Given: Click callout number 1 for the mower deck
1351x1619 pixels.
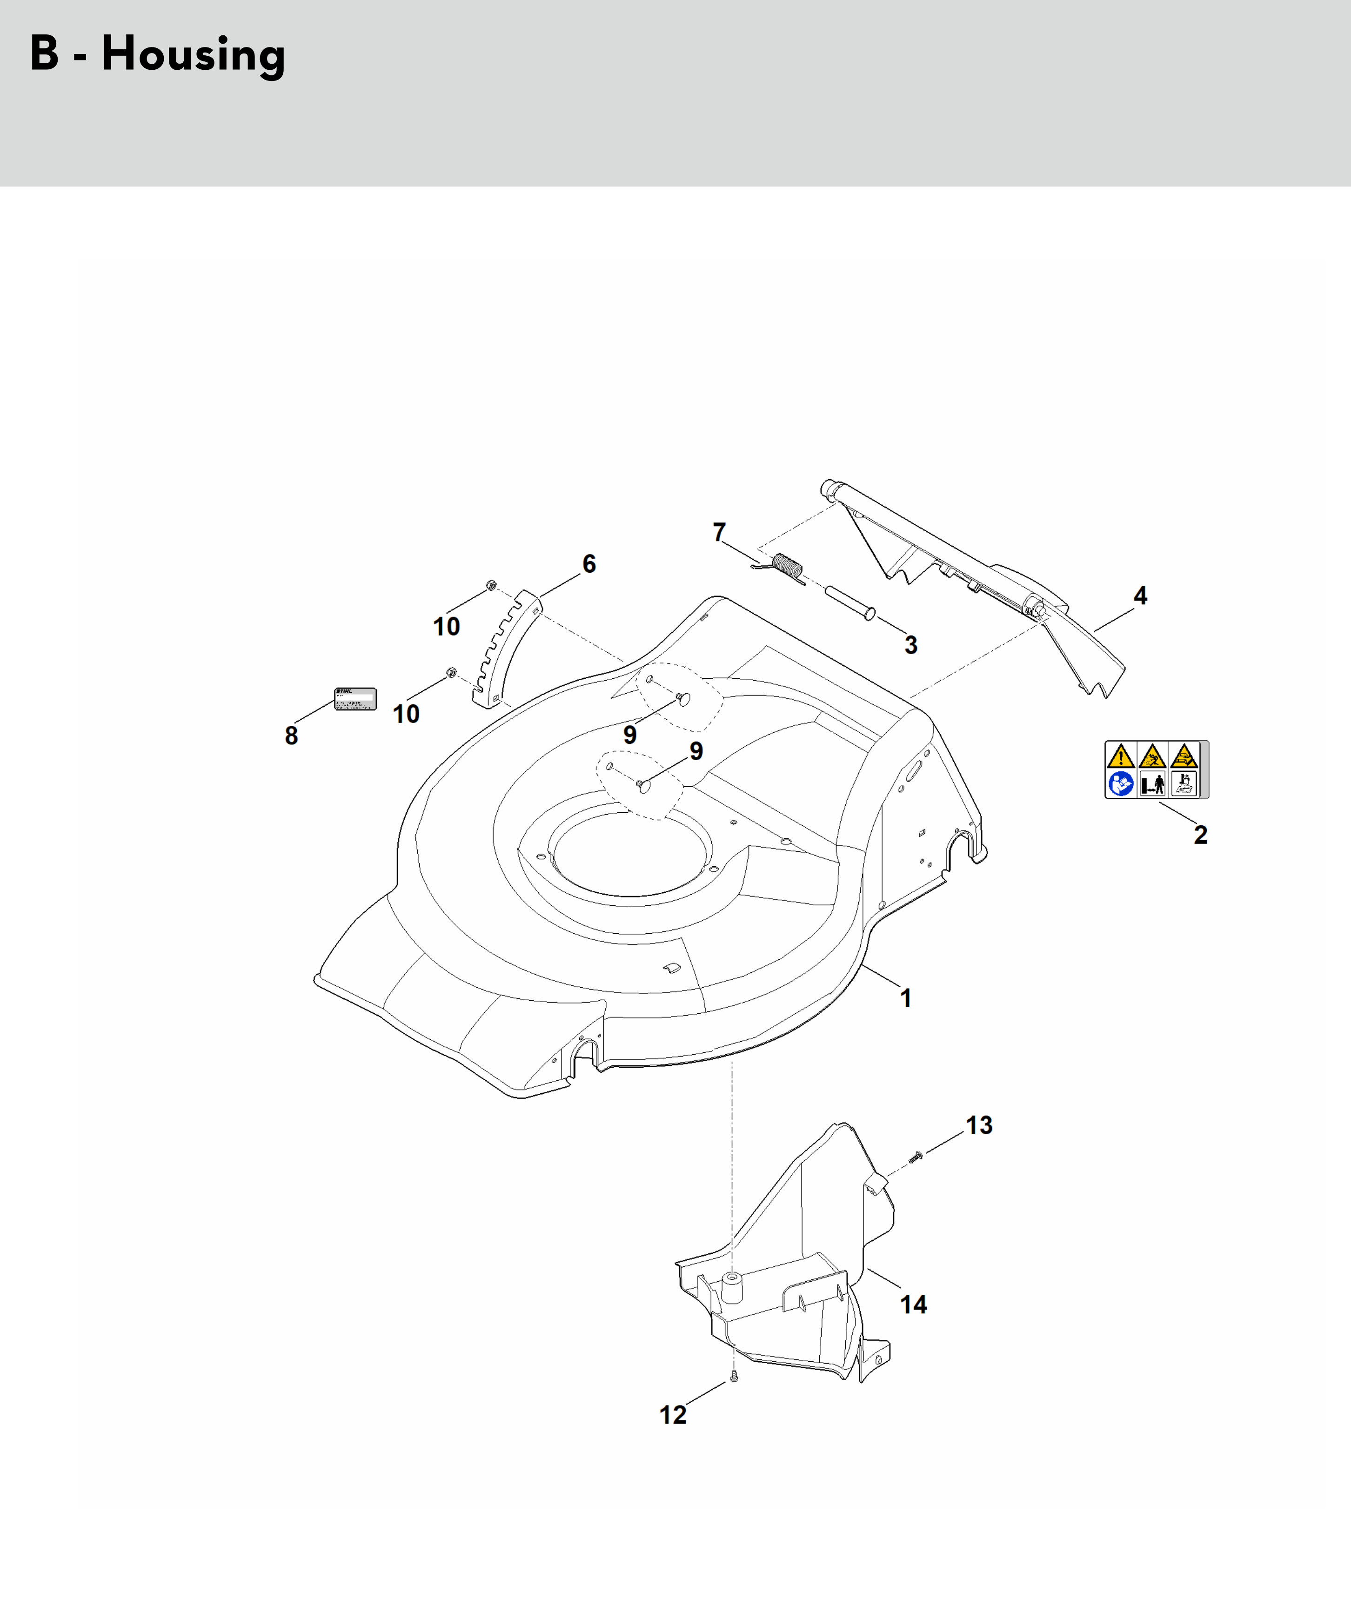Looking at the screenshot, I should [x=906, y=998].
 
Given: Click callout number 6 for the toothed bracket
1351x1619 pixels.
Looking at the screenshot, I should [x=589, y=563].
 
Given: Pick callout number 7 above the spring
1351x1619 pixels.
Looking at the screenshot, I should [x=719, y=532].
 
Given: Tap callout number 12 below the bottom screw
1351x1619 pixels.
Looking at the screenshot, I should [x=672, y=1415].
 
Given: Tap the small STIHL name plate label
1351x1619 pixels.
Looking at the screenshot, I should [x=354, y=698].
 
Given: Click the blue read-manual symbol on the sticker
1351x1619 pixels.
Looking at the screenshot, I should [x=1120, y=784].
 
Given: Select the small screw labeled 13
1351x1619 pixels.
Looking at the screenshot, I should [x=916, y=1157].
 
